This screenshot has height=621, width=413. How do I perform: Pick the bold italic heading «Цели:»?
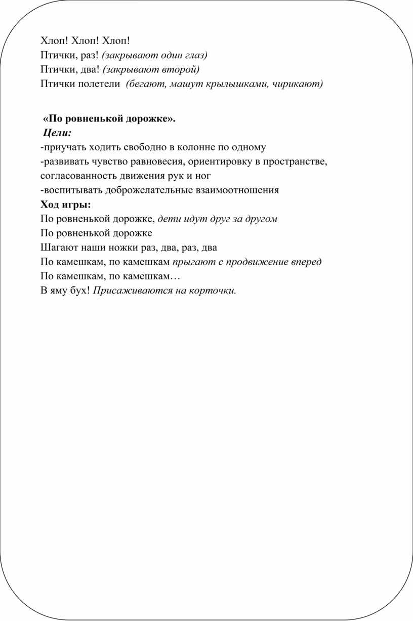point(57,133)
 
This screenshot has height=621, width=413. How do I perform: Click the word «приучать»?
point(65,147)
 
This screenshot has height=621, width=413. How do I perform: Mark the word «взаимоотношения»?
point(238,190)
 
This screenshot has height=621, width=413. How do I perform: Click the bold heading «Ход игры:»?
point(66,204)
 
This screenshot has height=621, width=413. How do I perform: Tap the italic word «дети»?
point(168,219)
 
